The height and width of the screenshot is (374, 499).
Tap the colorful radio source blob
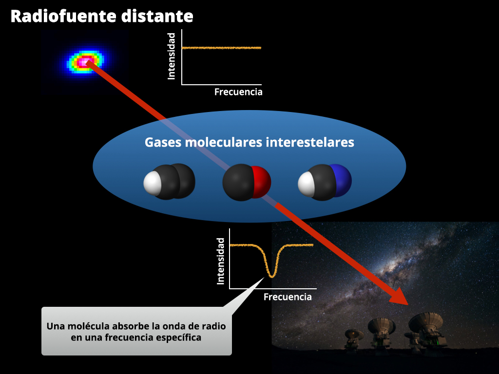point(85,61)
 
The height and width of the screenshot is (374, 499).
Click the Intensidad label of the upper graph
point(171,56)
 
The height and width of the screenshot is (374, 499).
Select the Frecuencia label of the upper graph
point(238,92)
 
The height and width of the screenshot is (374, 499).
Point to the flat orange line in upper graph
point(222,48)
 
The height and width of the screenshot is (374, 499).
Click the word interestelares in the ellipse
point(310,142)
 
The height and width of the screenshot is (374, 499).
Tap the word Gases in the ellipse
point(163,142)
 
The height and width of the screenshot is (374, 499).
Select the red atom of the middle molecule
point(262,182)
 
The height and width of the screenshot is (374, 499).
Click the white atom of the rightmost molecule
point(306,184)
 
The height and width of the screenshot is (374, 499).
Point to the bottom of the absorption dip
point(272,276)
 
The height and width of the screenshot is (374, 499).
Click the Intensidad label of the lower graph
point(221,261)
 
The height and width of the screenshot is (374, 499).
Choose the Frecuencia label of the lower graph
point(288,297)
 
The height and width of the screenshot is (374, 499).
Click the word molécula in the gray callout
point(85,326)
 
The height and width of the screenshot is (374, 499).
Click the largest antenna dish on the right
point(425,322)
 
